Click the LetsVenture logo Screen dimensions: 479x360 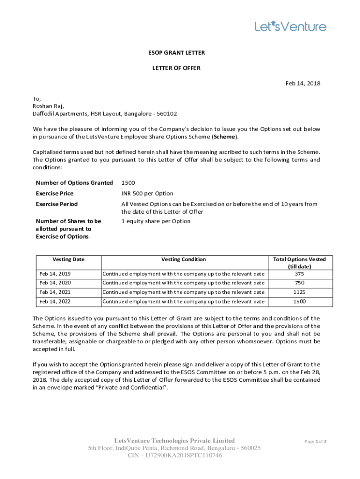(x=290, y=27)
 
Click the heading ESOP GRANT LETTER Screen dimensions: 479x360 (x=176, y=53)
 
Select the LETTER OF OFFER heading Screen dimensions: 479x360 (x=176, y=68)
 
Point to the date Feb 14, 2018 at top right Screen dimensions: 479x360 (x=303, y=84)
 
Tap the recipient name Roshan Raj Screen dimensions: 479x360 (x=48, y=106)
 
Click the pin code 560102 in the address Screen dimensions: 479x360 (x=167, y=114)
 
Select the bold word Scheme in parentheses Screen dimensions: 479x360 (x=225, y=137)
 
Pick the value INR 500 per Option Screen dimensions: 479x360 (x=147, y=194)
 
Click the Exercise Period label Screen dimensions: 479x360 (x=57, y=204)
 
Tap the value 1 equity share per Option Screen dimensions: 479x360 (x=156, y=221)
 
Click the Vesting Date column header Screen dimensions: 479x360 (x=68, y=260)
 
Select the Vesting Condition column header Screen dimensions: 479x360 (x=183, y=260)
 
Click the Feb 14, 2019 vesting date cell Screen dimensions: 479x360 (x=55, y=274)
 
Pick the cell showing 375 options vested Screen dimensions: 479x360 (x=299, y=274)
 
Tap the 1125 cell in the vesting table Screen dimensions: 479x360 (x=299, y=292)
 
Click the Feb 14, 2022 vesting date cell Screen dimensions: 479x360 (x=55, y=302)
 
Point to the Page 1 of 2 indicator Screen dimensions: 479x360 (x=315, y=441)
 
